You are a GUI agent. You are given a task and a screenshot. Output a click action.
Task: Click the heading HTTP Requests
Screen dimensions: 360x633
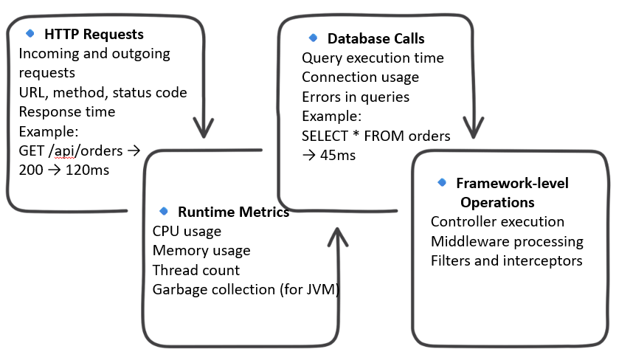click(x=94, y=34)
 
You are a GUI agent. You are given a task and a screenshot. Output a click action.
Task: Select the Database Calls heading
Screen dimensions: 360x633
click(x=376, y=38)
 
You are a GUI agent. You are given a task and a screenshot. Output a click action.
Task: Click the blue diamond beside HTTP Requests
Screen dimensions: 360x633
click(x=30, y=33)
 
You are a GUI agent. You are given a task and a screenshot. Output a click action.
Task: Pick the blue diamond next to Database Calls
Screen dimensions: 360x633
click(x=313, y=38)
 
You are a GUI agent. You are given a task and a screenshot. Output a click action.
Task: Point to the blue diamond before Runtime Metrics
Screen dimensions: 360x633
click(x=163, y=212)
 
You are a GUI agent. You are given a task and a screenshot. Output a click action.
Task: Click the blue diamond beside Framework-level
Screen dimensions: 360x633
click(x=442, y=182)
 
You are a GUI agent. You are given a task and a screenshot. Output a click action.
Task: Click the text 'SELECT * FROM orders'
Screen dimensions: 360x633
click(x=376, y=136)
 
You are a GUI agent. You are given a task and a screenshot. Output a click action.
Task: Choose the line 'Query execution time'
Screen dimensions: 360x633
click(x=373, y=58)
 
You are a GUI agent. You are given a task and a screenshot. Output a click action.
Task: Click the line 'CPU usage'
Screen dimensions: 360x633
click(x=187, y=232)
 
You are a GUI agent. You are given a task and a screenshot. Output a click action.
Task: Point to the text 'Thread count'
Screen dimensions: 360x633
click(x=196, y=270)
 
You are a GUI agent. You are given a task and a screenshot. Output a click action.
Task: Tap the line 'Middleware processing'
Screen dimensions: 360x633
click(x=507, y=241)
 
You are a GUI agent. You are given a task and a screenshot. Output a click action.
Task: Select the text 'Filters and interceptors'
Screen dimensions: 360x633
click(x=506, y=260)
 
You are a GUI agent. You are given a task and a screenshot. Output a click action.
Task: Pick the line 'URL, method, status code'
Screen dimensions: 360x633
click(x=103, y=92)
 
